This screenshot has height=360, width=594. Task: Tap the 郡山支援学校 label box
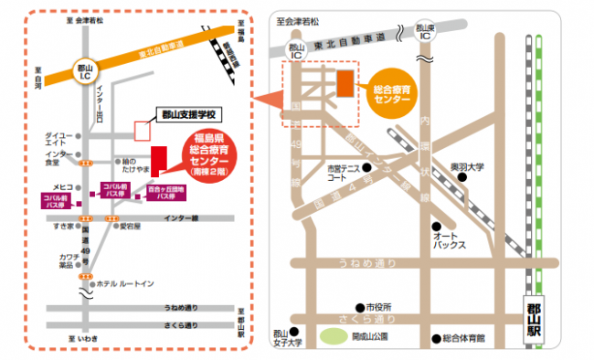186,114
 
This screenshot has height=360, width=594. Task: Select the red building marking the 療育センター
158,160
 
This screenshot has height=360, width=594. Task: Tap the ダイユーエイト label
59,139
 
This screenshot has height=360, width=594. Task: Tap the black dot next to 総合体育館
435,337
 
